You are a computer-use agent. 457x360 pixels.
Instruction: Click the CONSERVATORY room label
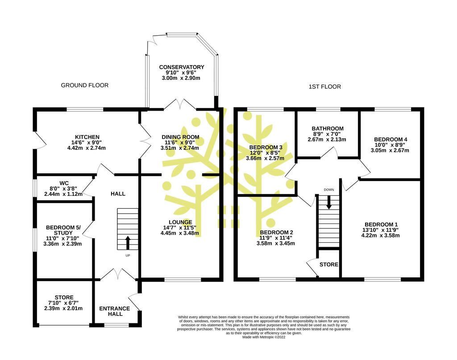[181, 67]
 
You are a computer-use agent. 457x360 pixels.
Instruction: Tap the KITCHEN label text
[87, 137]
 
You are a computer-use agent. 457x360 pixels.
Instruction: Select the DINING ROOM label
[180, 137]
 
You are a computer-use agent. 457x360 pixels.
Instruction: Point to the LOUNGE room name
[180, 222]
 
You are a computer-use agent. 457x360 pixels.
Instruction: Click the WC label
[64, 183]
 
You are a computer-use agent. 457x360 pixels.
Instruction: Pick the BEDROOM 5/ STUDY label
[63, 230]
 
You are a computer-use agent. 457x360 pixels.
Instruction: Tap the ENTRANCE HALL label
[115, 311]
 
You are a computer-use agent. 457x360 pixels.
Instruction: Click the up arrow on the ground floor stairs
[128, 243]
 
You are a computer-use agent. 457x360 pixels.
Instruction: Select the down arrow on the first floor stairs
[329, 202]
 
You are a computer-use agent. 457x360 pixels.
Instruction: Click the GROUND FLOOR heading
[84, 85]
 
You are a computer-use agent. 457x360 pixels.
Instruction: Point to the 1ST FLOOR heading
[325, 87]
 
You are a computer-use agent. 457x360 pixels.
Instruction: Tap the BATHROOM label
[328, 128]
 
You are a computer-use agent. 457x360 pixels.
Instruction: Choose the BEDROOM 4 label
[391, 140]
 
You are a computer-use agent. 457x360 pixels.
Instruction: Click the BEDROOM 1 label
[381, 224]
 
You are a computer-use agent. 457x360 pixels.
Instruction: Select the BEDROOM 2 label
[276, 232]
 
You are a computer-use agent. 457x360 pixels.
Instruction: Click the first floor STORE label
[329, 265]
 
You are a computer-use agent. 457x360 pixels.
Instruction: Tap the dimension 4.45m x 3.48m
[179, 233]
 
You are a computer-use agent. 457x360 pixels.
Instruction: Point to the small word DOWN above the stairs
[329, 190]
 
